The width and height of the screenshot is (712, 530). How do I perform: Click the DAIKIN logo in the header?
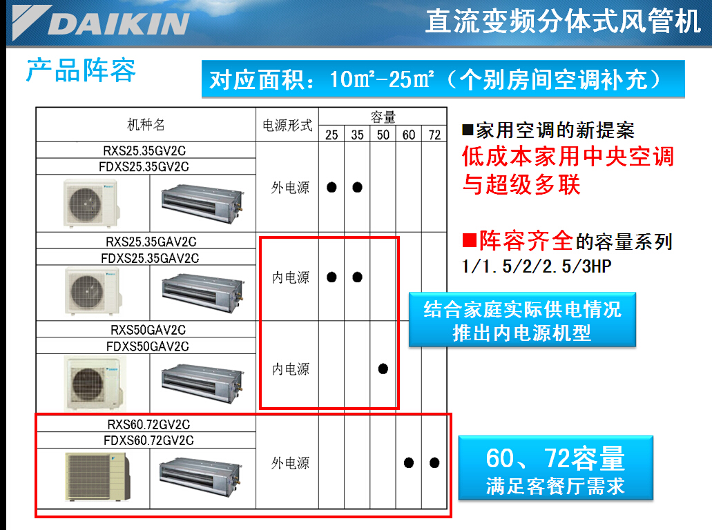point(101,23)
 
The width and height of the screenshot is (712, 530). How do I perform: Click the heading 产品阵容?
point(81,70)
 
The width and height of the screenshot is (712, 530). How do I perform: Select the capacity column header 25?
point(331,135)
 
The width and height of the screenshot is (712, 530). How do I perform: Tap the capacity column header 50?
point(383,135)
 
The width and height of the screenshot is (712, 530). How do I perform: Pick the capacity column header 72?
point(434,135)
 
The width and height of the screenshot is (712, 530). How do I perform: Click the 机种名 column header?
point(146,124)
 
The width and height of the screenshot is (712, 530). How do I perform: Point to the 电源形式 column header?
point(287,125)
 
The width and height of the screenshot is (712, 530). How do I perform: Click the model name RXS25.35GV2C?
point(144,150)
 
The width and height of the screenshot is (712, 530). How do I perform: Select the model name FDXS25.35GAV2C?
point(150,258)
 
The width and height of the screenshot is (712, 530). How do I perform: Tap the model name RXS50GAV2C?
point(148,330)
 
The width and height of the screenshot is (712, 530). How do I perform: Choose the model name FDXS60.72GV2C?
point(148,440)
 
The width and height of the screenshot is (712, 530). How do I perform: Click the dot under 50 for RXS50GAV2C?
point(383,369)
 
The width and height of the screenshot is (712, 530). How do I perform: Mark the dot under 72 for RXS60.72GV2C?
point(434,463)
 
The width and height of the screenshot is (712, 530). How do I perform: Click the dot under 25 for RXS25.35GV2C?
point(331,187)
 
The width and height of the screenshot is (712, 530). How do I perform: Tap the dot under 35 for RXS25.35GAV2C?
point(357,277)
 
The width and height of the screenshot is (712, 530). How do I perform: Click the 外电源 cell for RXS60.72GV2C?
point(290,463)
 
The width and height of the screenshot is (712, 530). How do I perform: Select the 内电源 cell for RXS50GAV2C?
point(291,369)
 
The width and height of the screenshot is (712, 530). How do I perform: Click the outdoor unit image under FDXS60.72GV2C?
point(97,476)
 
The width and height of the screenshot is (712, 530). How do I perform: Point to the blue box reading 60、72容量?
point(556,468)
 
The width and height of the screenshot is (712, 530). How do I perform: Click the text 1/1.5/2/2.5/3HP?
point(537,266)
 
